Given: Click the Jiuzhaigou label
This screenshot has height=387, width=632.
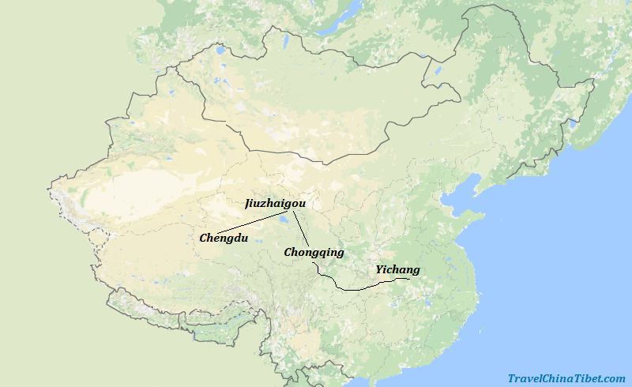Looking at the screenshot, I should click(x=274, y=204).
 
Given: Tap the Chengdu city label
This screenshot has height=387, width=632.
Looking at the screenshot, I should click(x=224, y=238).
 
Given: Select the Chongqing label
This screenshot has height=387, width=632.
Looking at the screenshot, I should click(x=314, y=253).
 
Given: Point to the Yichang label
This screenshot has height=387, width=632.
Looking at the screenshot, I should click(x=397, y=270).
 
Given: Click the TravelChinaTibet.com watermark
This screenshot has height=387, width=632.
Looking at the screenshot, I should click(x=566, y=378).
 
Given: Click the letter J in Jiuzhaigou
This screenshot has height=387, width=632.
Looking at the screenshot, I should click(x=248, y=204).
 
